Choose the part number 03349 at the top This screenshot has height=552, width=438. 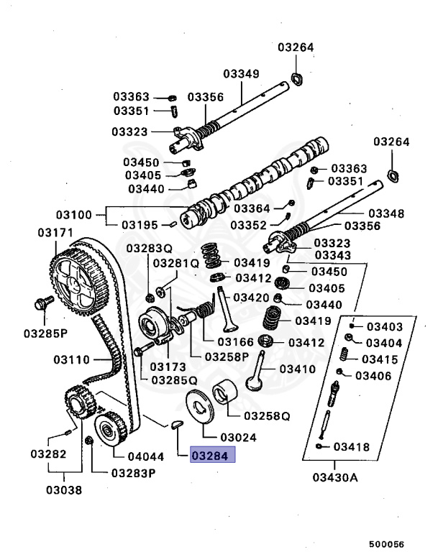241,73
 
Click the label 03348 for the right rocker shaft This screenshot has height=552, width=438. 385,213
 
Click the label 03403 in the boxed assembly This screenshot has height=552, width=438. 384,326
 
